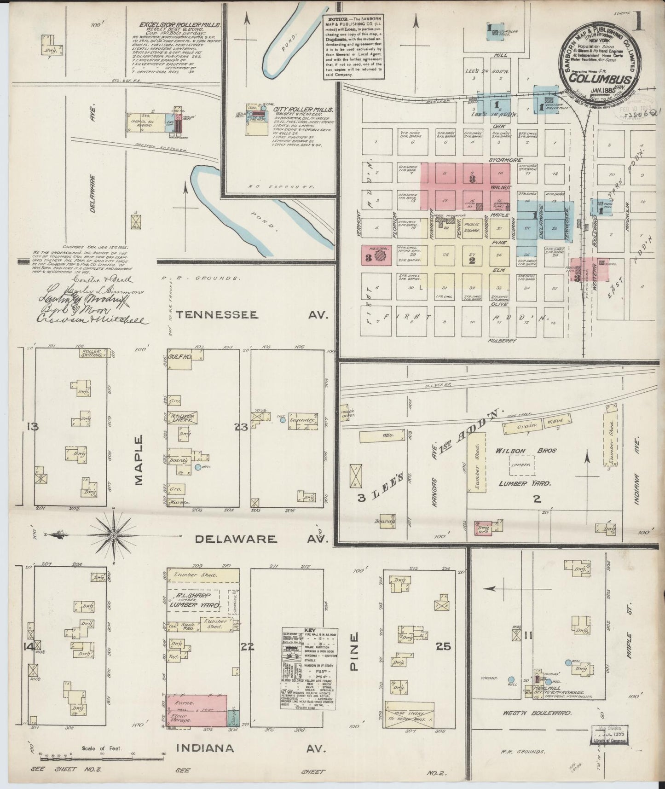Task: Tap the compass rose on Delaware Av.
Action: [x=114, y=535]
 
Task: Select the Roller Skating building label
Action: [x=92, y=354]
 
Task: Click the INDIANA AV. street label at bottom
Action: [x=251, y=748]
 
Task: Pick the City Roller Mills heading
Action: [x=303, y=110]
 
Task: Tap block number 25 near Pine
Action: [x=444, y=647]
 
